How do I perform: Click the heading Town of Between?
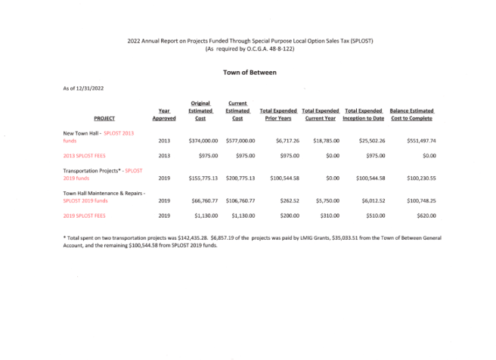point(250,73)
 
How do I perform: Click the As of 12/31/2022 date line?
point(83,88)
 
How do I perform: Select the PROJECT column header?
point(104,119)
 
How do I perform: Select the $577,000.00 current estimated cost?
point(240,141)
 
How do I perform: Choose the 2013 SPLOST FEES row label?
point(85,155)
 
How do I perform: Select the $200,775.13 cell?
point(240,178)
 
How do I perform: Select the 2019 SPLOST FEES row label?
point(85,216)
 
